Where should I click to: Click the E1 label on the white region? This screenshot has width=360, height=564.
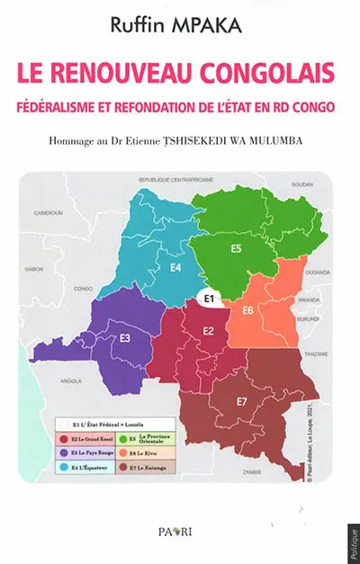208,298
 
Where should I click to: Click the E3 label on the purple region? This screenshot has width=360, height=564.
125,337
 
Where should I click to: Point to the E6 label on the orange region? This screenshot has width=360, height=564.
246,310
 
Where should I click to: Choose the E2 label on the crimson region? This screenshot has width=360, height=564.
207,331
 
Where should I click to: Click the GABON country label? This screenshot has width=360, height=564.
35,269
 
